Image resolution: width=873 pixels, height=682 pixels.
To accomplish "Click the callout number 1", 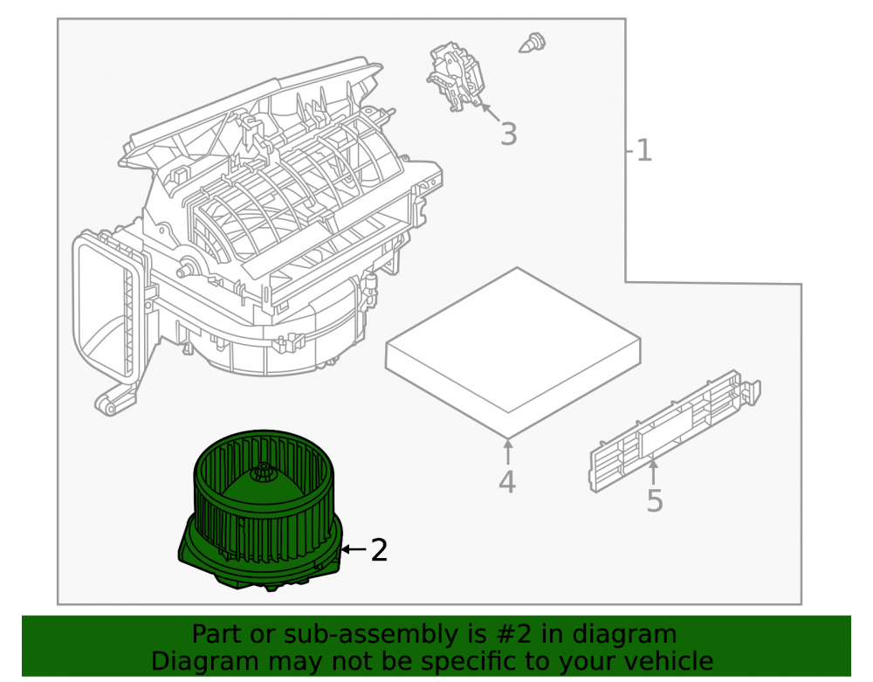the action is point(643,151).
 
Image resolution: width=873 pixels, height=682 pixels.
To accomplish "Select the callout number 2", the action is point(379,550).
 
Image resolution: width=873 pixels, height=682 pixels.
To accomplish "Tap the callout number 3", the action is point(508,134).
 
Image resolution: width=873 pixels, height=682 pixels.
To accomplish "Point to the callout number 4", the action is point(506,482).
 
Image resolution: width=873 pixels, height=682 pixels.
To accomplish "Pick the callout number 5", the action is point(655,500).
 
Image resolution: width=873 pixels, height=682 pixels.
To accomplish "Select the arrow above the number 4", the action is point(508,451).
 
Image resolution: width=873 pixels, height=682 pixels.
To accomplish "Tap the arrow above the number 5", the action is point(654,472).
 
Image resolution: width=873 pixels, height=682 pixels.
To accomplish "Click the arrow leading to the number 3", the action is point(490,112).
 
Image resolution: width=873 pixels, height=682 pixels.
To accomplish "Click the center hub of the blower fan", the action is point(260,474).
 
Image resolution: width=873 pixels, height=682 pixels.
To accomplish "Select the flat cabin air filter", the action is point(512,352).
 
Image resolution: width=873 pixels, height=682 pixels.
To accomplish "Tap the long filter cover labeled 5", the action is point(675,431).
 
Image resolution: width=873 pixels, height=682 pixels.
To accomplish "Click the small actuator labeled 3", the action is point(457,76).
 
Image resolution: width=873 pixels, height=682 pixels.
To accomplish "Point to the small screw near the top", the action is point(533,44).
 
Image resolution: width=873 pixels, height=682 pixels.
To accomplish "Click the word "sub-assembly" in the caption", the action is point(370,635).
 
